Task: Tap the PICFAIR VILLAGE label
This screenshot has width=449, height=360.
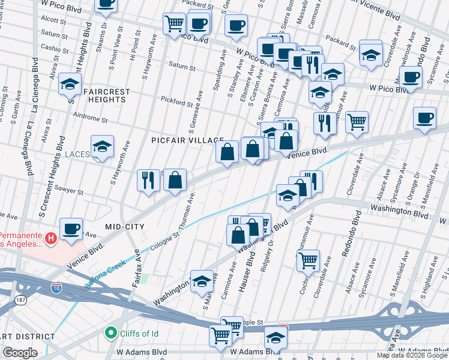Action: coord(178,139)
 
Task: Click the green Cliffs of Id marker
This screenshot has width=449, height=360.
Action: coord(110,332)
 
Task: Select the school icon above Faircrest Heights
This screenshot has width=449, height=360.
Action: coord(70,85)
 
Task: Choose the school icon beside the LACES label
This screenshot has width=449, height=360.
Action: coord(102,148)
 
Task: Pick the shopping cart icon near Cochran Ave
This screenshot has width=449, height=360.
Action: coord(308,260)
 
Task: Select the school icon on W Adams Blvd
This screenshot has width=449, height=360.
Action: coord(276,338)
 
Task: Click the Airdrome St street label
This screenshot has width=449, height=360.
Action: coord(88,119)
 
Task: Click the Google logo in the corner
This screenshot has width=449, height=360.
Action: coord(20,353)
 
